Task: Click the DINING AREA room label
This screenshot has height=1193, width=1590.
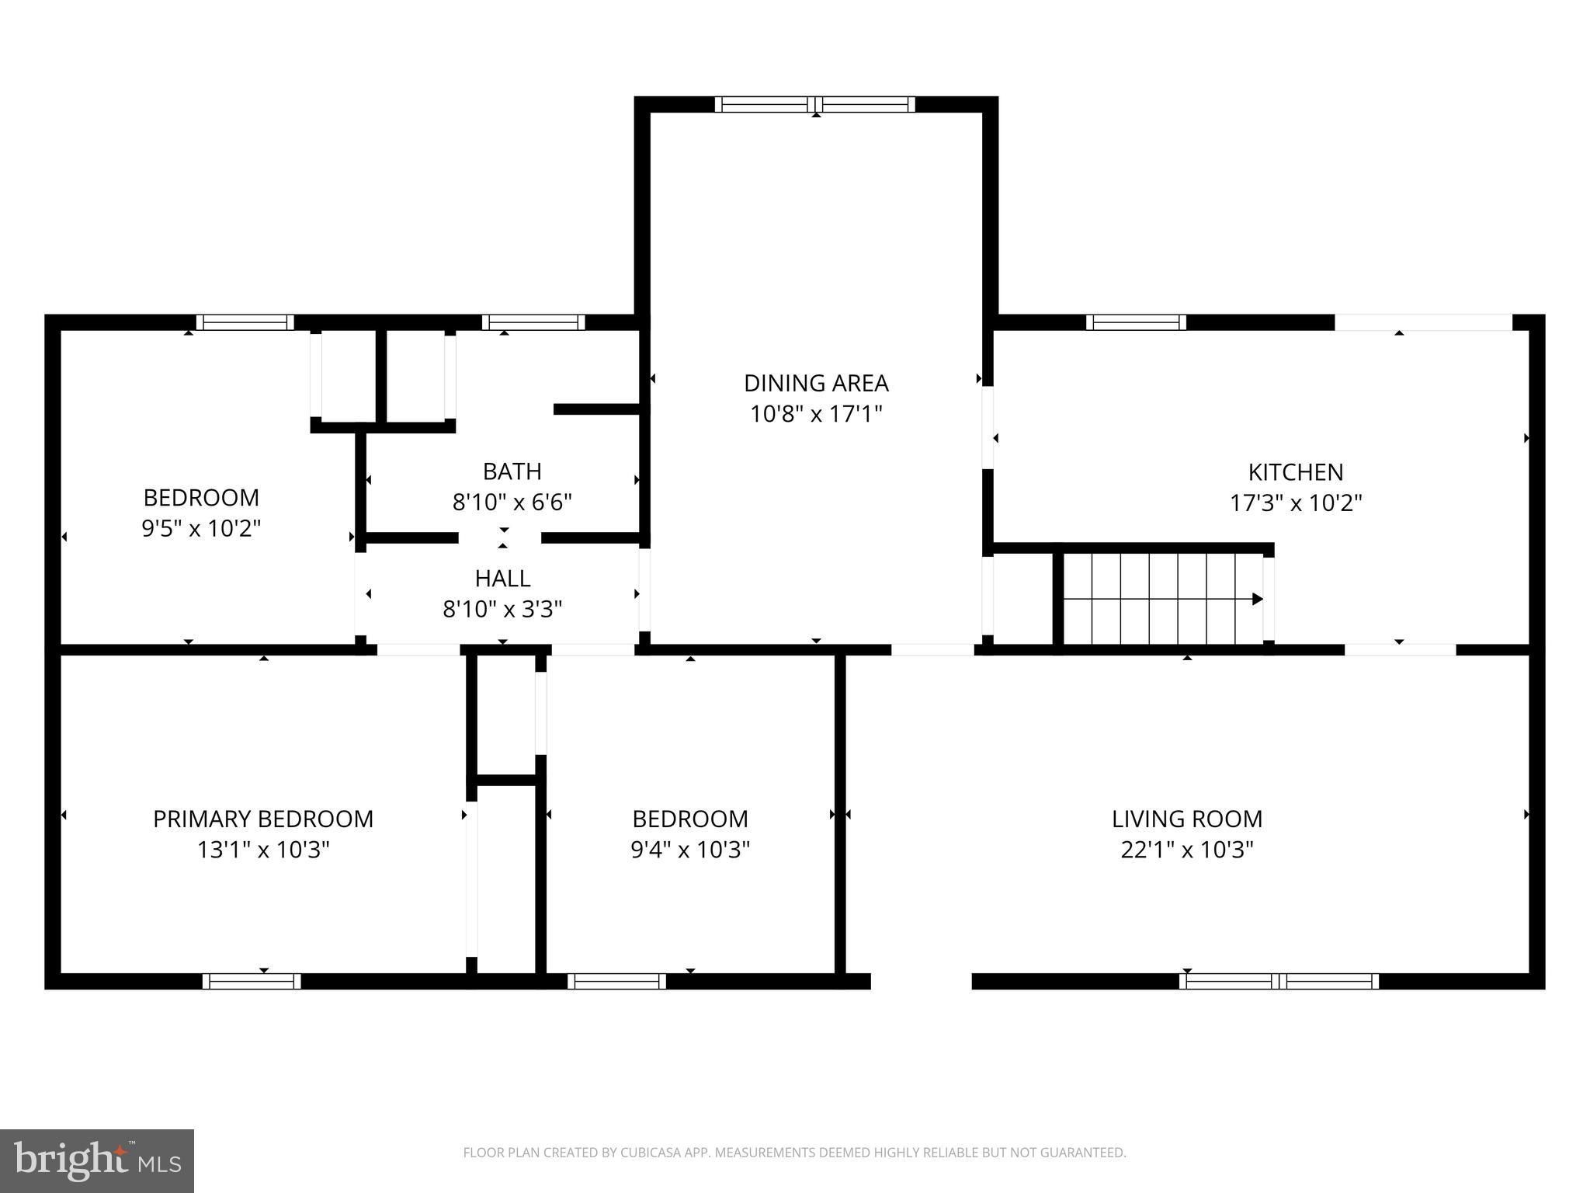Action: point(815,383)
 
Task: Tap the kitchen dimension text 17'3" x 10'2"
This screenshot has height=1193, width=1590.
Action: point(1295,503)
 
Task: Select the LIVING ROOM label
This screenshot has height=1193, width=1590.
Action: point(1186,819)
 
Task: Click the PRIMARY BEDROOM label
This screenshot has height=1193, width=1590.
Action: point(262,819)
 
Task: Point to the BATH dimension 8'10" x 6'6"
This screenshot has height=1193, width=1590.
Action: point(512,503)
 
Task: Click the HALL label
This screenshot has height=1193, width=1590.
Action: point(502,578)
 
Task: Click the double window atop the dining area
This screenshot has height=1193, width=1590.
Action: point(814,104)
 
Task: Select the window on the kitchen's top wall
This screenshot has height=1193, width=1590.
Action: point(1135,322)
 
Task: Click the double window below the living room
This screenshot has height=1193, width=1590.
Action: point(1278,981)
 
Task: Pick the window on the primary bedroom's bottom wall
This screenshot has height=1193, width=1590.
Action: point(252,981)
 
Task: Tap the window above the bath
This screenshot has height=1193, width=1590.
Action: point(533,322)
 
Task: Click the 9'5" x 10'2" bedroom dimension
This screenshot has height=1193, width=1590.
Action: point(200,529)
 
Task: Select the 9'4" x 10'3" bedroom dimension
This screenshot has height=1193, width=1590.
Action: point(689,850)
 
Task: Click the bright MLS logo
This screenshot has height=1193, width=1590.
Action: point(96,1161)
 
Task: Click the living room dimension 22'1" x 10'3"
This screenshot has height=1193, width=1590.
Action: point(1186,850)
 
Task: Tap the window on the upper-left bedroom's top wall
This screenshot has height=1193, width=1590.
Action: point(245,322)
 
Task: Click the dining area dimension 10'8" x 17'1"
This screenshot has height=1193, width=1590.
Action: point(815,414)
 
